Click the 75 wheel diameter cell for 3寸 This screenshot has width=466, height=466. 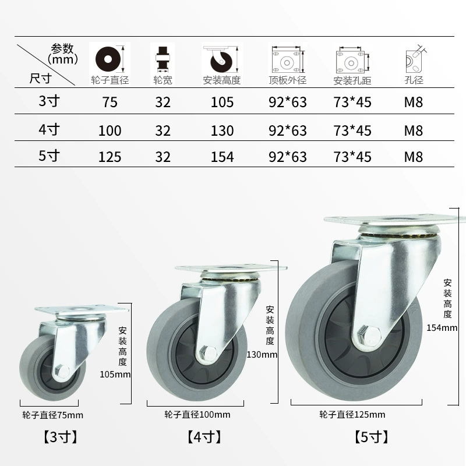[110, 103]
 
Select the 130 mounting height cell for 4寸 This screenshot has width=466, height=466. [222, 130]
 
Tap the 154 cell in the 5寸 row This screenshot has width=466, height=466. [222, 157]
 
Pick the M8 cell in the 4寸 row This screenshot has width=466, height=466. [414, 130]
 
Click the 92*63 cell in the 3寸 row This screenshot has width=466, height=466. [287, 103]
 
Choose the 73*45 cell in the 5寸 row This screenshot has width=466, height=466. [352, 157]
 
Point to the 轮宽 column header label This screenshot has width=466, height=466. [163, 80]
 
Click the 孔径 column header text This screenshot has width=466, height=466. [414, 80]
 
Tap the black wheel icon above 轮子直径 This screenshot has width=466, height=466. [108, 59]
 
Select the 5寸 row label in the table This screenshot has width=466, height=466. [49, 156]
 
